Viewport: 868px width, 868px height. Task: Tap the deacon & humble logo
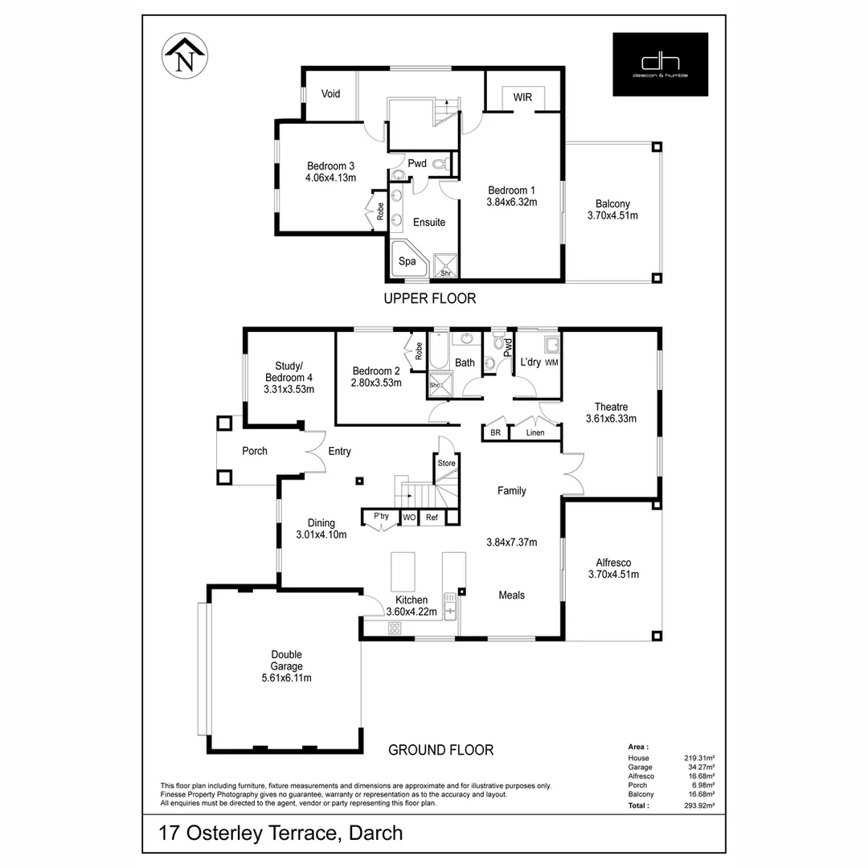pyautogui.click(x=660, y=64)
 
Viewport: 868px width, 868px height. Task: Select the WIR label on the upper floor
pyautogui.click(x=523, y=97)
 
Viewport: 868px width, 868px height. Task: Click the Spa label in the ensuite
pyautogui.click(x=407, y=261)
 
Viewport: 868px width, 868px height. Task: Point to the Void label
pyautogui.click(x=330, y=94)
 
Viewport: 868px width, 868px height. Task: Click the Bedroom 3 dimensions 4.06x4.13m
pyautogui.click(x=330, y=178)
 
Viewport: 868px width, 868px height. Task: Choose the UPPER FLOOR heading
pyautogui.click(x=429, y=299)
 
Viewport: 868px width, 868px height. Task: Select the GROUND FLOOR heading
pyautogui.click(x=440, y=750)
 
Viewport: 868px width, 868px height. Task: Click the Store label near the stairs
pyautogui.click(x=446, y=463)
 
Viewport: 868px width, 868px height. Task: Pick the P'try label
pyautogui.click(x=381, y=516)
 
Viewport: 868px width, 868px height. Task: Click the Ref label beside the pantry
pyautogui.click(x=432, y=517)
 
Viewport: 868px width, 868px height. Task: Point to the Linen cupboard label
pyautogui.click(x=535, y=433)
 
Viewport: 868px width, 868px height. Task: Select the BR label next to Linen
pyautogui.click(x=494, y=433)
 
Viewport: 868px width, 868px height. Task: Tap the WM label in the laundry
pyautogui.click(x=551, y=363)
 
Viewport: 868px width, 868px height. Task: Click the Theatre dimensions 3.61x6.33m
pyautogui.click(x=611, y=418)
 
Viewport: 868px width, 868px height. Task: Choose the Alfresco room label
pyautogui.click(x=612, y=563)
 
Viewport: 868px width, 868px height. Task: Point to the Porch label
pyautogui.click(x=255, y=451)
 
